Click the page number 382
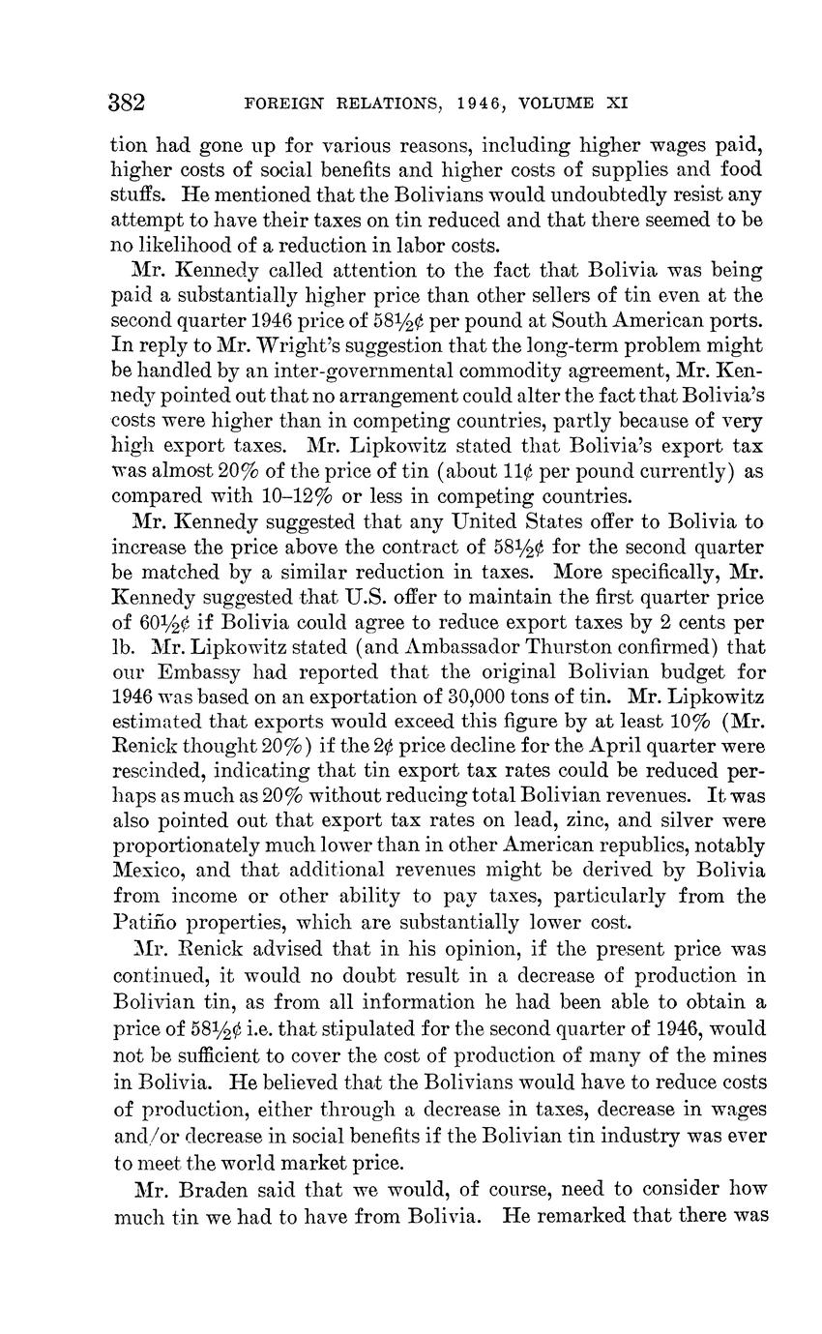click(x=127, y=102)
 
